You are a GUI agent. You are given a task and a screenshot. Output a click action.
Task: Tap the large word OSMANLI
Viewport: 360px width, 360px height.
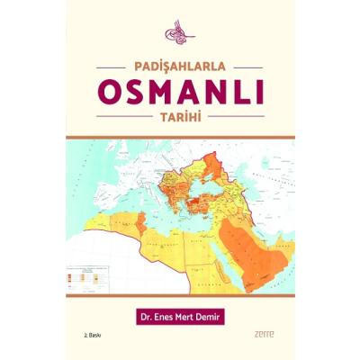tap(179, 93)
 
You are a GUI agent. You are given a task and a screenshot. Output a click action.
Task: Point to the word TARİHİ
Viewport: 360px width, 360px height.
tap(179, 117)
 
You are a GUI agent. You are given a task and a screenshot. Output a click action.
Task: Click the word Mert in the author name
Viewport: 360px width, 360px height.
tap(191, 316)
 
